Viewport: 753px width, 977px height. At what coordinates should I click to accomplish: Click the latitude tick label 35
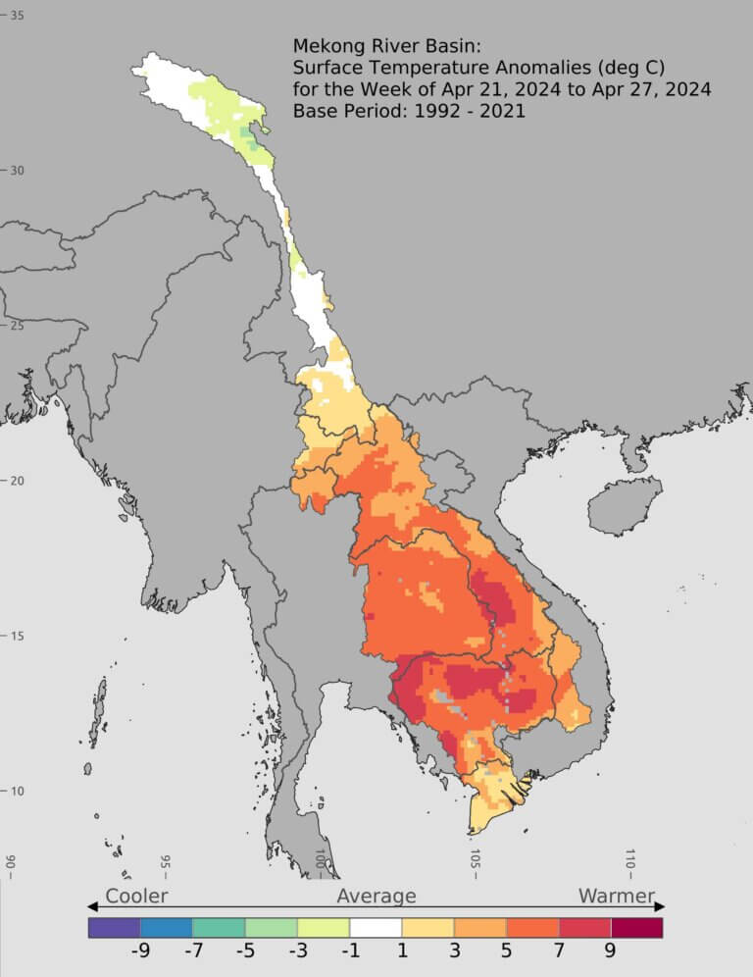[x=18, y=16]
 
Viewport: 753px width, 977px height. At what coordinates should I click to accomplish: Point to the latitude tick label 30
[x=18, y=170]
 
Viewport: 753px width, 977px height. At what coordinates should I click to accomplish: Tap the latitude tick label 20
[x=18, y=480]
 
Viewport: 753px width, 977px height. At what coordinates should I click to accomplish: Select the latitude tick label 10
[x=18, y=791]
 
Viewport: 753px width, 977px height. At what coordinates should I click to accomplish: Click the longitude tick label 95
[x=166, y=863]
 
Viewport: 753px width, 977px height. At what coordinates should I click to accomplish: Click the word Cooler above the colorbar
[x=136, y=896]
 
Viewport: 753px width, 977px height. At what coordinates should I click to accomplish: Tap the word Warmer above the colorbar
[x=616, y=896]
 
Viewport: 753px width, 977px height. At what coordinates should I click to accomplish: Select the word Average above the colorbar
[x=376, y=896]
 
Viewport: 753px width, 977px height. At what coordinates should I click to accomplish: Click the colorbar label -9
[x=140, y=951]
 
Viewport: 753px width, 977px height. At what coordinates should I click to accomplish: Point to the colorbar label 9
[x=610, y=951]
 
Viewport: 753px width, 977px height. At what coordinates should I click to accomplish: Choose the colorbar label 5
[x=506, y=951]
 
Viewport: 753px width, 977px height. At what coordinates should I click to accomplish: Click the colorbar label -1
[x=349, y=951]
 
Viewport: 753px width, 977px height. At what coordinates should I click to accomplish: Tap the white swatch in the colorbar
[x=376, y=927]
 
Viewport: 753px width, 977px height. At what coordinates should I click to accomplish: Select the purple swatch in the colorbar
[x=114, y=927]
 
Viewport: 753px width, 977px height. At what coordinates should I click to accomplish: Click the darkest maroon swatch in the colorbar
[x=636, y=927]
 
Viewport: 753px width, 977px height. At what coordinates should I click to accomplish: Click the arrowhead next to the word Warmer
[x=660, y=905]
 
